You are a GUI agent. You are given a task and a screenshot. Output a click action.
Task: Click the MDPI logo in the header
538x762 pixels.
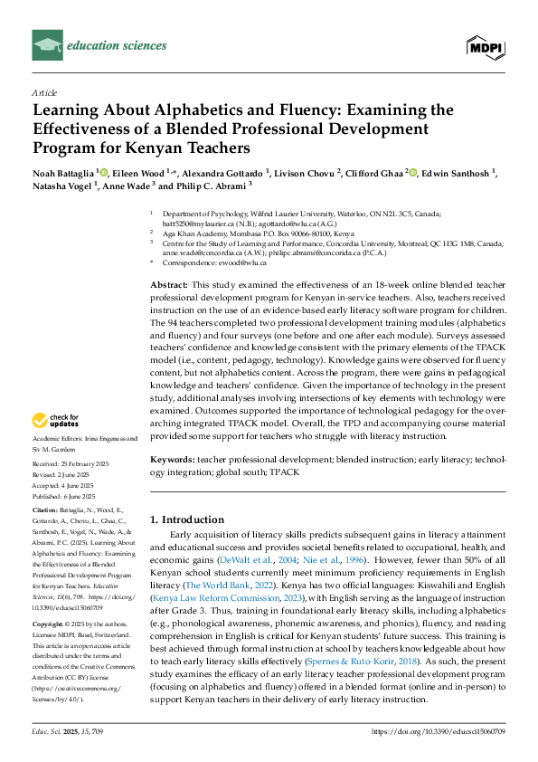[486, 45]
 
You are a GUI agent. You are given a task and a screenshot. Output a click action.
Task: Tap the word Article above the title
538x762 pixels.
[44, 92]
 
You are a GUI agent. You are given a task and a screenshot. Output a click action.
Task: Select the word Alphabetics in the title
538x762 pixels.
[170, 110]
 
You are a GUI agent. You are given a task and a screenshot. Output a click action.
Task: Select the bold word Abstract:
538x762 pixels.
[169, 284]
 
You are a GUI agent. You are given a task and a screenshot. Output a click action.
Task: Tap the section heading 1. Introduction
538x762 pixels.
[187, 519]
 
